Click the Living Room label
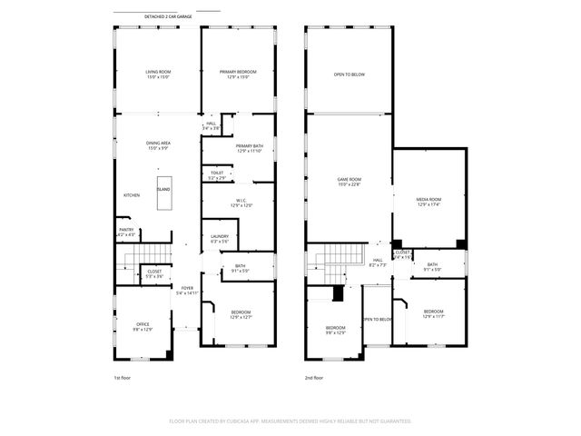[159, 74]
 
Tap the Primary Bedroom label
[238, 74]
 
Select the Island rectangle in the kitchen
[163, 194]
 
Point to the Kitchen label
[132, 195]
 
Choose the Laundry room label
[220, 238]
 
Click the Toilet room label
[217, 174]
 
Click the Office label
[143, 326]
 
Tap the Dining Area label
[159, 144]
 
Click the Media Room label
[428, 201]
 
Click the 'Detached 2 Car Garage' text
[168, 17]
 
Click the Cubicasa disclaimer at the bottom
[290, 421]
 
